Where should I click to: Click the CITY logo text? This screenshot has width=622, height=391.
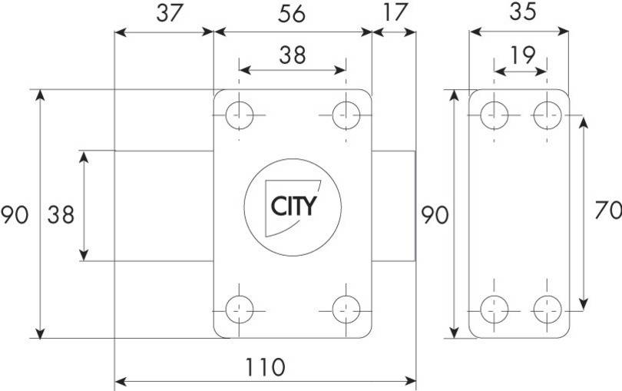pyautogui.click(x=294, y=206)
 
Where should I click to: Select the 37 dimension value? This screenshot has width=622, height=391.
pyautogui.click(x=169, y=13)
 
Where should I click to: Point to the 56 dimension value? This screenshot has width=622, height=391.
pyautogui.click(x=292, y=14)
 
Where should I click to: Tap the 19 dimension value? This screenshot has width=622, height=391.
pyautogui.click(x=523, y=55)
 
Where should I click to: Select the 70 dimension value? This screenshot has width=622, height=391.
pyautogui.click(x=608, y=210)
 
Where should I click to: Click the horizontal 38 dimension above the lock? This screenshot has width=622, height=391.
pyautogui.click(x=293, y=55)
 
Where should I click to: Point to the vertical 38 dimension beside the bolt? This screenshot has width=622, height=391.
pyautogui.click(x=61, y=215)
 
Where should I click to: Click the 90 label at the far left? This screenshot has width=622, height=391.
pyautogui.click(x=15, y=215)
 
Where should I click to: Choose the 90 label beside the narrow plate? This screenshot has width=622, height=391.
pyautogui.click(x=435, y=215)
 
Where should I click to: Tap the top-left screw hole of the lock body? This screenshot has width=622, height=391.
pyautogui.click(x=239, y=115)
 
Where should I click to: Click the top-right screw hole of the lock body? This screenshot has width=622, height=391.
pyautogui.click(x=346, y=115)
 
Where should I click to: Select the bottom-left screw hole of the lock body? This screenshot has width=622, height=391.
pyautogui.click(x=239, y=310)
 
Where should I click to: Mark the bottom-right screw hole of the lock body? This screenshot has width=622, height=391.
pyautogui.click(x=346, y=310)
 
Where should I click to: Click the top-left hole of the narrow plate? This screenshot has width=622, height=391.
pyautogui.click(x=495, y=115)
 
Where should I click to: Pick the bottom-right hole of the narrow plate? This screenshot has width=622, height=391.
pyautogui.click(x=548, y=310)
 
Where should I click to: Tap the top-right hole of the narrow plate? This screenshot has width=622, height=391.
pyautogui.click(x=548, y=115)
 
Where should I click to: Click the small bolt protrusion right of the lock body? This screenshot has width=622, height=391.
pyautogui.click(x=393, y=206)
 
